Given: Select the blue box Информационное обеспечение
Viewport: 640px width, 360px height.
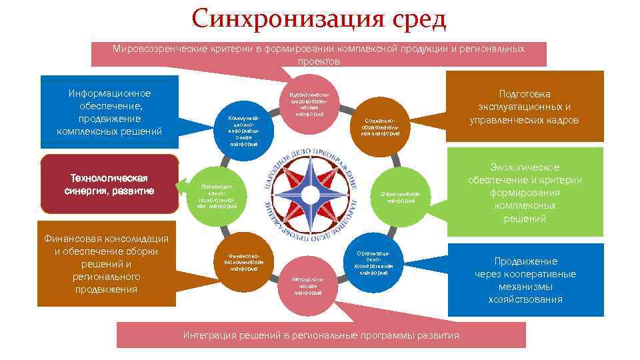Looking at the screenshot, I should tap(109, 113).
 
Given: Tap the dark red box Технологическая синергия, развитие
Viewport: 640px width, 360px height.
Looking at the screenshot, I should tap(109, 185).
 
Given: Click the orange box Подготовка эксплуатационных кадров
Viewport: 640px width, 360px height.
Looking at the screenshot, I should tap(524, 107).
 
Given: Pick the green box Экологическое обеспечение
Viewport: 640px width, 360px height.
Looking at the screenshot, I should tap(525, 192).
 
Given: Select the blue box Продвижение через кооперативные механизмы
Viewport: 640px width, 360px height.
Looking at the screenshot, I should tap(525, 280).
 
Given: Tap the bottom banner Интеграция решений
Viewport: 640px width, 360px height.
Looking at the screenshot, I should tap(321, 335).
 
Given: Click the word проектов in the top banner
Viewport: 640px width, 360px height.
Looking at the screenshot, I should tap(319, 61).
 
